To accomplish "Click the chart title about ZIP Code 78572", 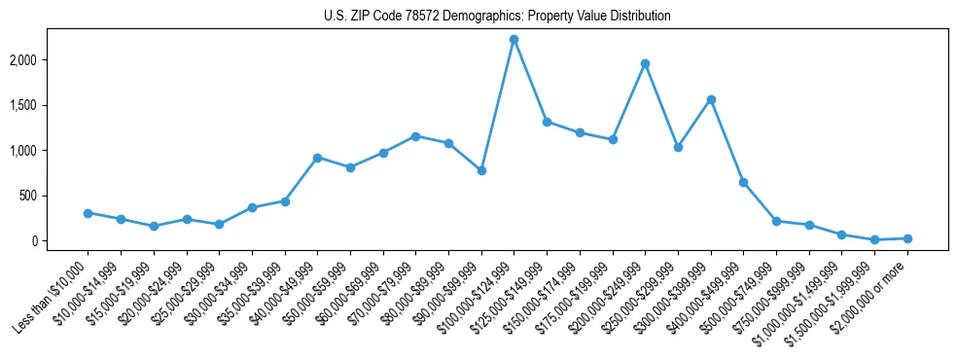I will tap(497, 17).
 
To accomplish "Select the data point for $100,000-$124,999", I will tap(514, 39).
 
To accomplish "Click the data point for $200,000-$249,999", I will tap(645, 63).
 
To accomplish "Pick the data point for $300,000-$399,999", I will tap(711, 99).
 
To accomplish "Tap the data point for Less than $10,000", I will tap(88, 213).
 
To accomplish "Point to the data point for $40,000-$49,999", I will tap(317, 158).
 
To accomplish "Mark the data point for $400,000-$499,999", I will tap(743, 182).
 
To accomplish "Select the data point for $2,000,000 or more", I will tap(907, 238).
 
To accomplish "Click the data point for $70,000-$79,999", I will tap(415, 136).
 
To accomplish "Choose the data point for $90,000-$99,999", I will tap(481, 170).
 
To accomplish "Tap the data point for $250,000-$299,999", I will tap(678, 147).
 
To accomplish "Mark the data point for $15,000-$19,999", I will tap(154, 226).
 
